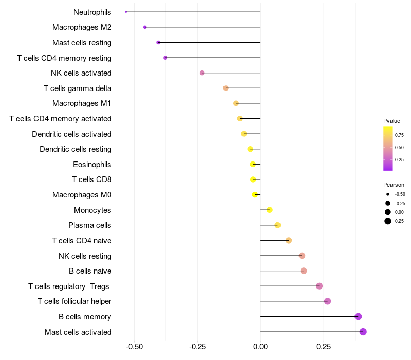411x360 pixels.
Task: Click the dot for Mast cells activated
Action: [363, 332]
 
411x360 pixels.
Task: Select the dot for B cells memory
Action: [358, 316]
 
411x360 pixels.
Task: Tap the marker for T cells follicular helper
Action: [328, 301]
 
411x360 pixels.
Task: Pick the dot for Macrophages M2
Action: [145, 27]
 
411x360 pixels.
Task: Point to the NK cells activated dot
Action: [202, 73]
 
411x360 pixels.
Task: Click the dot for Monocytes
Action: [270, 210]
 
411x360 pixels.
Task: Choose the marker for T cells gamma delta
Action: [226, 88]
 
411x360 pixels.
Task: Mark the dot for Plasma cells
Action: [277, 225]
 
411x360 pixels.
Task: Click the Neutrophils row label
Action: [92, 12]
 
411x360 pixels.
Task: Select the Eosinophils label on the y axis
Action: [92, 165]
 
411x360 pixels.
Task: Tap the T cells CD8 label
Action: [91, 179]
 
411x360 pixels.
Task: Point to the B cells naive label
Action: [90, 271]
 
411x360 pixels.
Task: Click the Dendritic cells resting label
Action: [76, 149]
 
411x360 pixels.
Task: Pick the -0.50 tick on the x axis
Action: [135, 347]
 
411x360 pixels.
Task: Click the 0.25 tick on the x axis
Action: [324, 347]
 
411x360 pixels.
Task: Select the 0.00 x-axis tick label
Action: [260, 347]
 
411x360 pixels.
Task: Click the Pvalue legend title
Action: [391, 121]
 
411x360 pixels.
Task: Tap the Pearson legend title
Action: [394, 185]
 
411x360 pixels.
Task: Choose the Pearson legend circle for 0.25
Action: [387, 221]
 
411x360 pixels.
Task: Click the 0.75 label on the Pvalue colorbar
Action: [399, 135]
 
